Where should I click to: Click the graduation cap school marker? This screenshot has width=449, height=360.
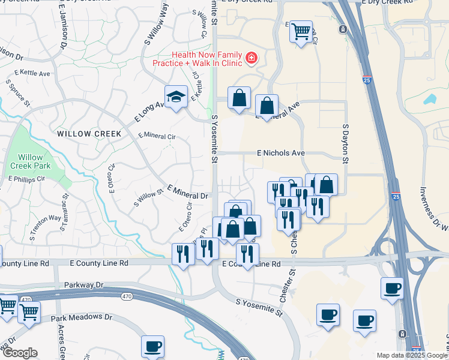point(176,98)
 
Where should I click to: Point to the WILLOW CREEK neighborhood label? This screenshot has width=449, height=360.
point(89,133)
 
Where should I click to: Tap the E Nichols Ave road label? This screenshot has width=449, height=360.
point(281,153)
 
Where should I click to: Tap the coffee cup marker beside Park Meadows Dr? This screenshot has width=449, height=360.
point(152,346)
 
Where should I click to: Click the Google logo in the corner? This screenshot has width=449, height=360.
point(19,353)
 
